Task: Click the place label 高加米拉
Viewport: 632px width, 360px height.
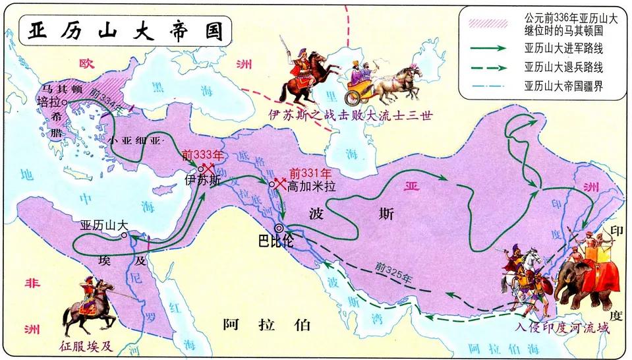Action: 311,187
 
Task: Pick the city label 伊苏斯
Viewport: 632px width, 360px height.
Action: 202,179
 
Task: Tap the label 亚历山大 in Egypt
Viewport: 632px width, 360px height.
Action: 103,224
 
